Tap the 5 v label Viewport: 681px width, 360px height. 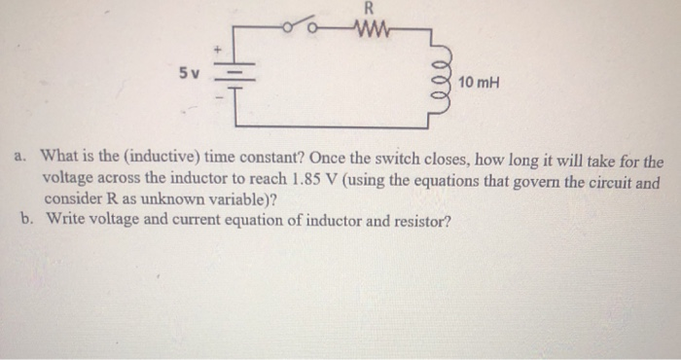[190, 73]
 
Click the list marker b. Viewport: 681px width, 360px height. [26, 221]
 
